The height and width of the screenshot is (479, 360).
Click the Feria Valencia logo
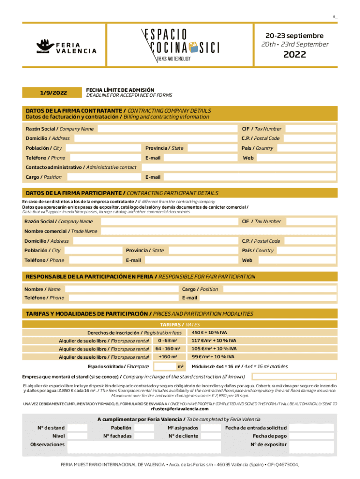point(66,46)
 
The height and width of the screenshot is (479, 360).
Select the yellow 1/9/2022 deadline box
point(52,93)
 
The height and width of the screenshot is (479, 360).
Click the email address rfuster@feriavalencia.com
point(180,409)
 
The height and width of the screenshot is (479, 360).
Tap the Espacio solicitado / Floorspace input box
point(164,366)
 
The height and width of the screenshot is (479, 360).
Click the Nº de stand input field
point(77,428)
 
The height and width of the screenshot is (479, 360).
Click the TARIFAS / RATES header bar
point(180,324)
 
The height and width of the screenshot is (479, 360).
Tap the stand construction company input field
point(294,377)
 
